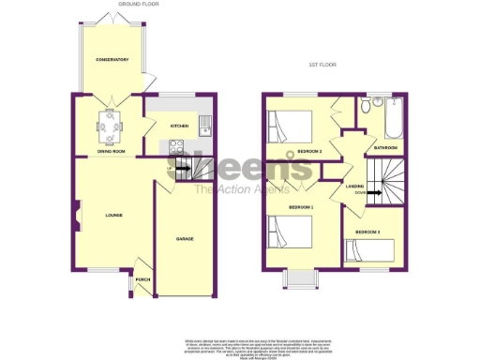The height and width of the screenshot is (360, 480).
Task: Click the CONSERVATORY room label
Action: point(112,60)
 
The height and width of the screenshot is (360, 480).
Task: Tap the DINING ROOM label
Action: point(112,150)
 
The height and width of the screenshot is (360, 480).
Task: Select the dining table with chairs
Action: point(112,123)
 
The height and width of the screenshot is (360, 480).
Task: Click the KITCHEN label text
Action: point(179,126)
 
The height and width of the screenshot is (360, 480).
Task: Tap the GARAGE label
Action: point(185,239)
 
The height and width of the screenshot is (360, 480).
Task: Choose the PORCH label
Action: point(143,278)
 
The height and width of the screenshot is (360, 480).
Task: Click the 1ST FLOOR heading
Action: point(322,65)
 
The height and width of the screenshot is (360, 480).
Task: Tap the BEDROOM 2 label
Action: point(309,150)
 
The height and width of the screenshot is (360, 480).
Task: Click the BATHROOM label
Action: point(385,147)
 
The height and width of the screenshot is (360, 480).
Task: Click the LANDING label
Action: point(354,186)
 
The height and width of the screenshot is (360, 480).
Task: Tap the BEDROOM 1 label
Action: point(301,206)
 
